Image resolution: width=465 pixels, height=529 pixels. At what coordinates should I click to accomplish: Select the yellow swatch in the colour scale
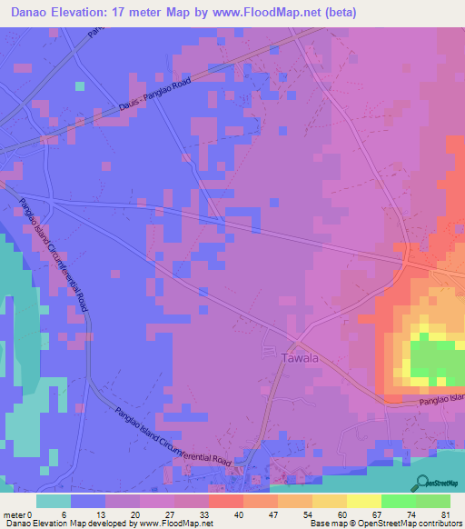(x=363, y=501)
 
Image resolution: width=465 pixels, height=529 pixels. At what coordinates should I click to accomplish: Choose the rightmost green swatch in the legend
(x=432, y=501)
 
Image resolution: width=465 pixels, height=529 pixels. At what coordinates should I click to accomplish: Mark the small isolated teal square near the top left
(x=80, y=86)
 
